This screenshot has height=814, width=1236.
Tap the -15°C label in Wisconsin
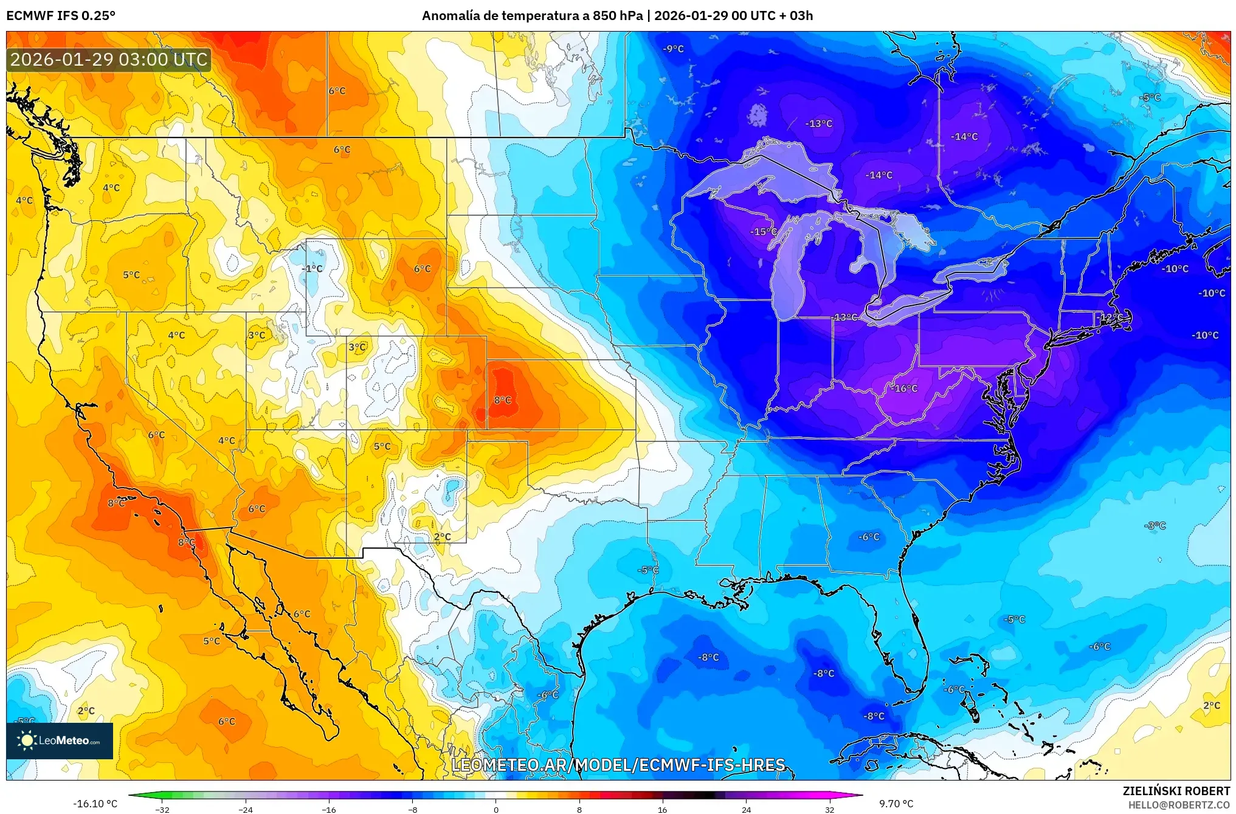pos(763,232)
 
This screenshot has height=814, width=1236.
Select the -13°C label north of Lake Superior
pos(818,123)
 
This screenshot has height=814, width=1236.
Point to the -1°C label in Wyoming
pos(312,269)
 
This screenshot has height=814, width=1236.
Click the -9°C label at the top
pos(673,49)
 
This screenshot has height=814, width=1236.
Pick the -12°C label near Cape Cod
pos(1111,318)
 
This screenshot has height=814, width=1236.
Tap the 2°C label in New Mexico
pos(443,537)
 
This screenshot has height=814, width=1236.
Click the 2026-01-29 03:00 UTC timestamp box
pos(109,60)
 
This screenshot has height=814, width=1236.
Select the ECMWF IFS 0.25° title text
pos(61,16)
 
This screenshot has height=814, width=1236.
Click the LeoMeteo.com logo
pos(60,740)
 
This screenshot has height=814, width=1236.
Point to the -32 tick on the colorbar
pos(162,809)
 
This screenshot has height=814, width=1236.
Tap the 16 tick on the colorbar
pos(662,809)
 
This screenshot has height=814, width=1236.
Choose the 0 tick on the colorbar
pos(495,809)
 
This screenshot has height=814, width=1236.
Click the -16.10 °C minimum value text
pos(95,804)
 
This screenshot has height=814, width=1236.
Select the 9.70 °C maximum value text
pos(896,804)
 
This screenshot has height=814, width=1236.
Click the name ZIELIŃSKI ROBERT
pos(1176,791)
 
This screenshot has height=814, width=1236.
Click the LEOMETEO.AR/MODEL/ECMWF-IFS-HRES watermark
pos(618,765)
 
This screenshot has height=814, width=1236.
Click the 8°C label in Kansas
pos(502,400)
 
